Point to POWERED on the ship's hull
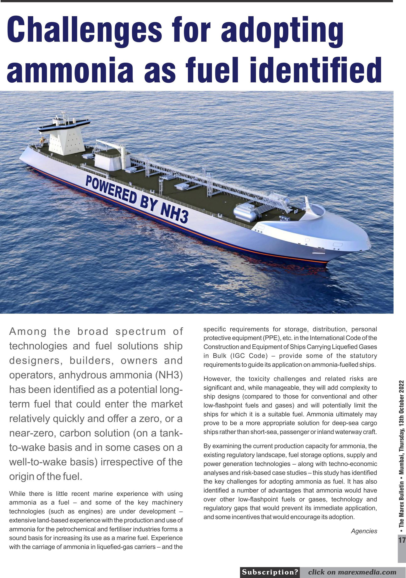pos(111,189)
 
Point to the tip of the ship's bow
pos(370,243)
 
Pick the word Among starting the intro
pos(28,332)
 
